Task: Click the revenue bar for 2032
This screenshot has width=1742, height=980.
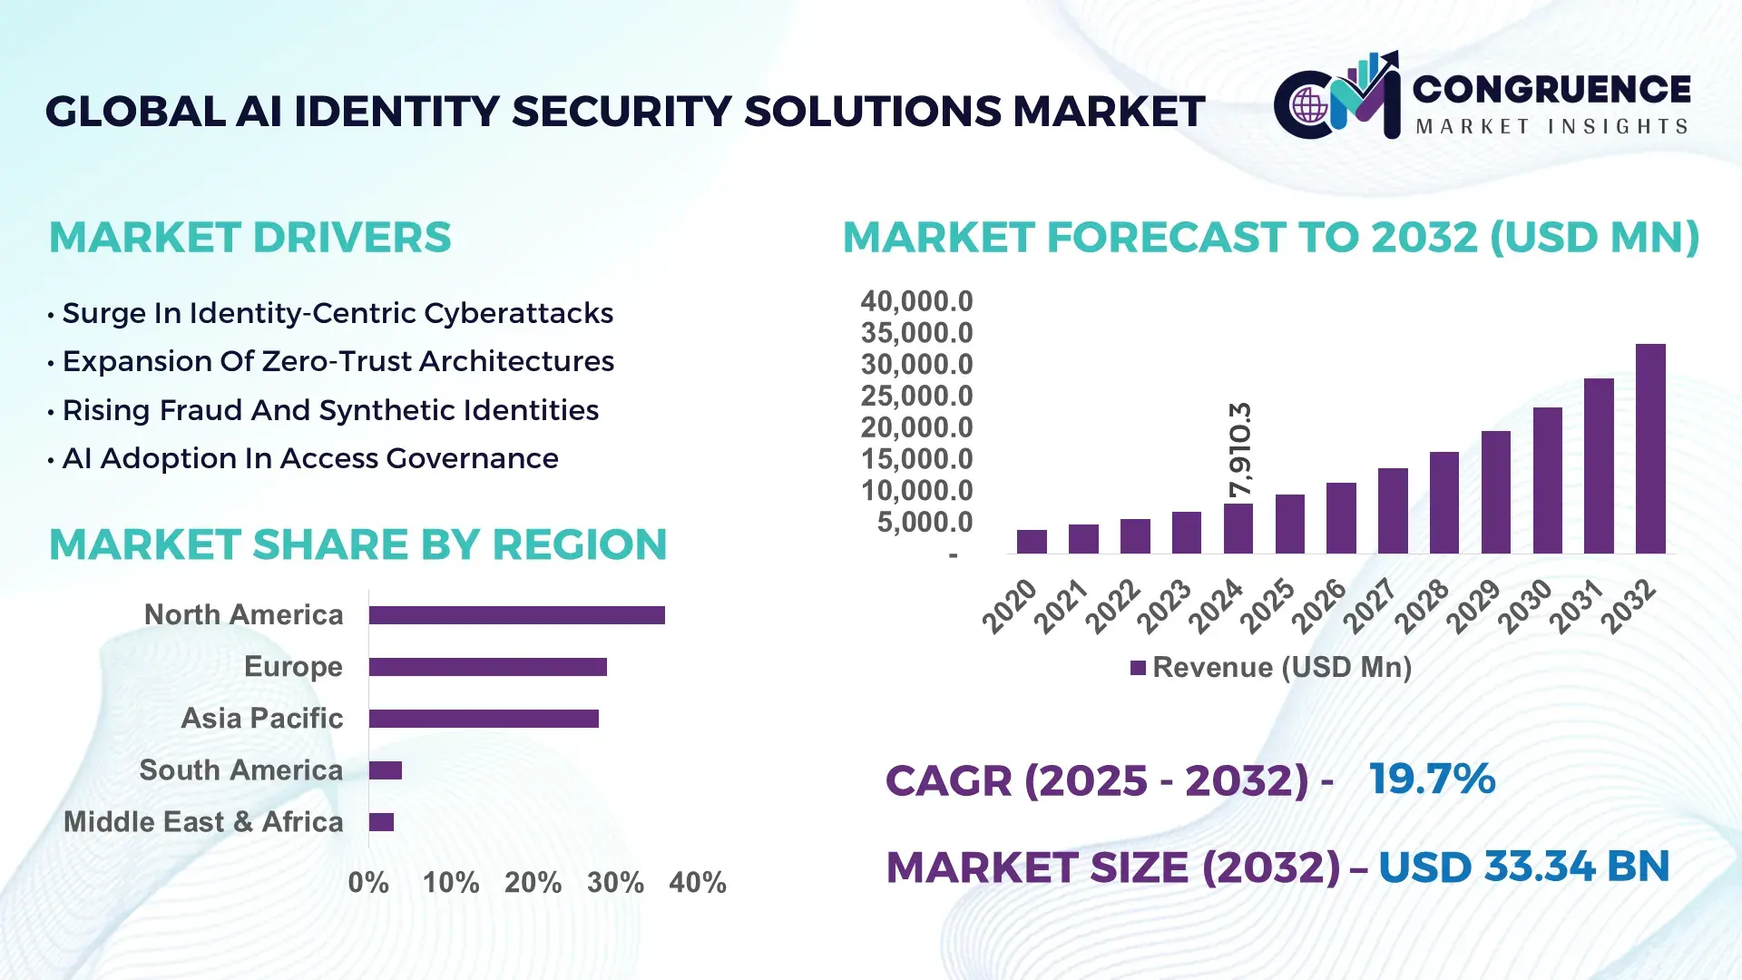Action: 1650,449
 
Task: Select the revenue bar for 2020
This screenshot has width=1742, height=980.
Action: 1032,542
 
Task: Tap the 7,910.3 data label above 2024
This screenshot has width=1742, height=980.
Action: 1239,450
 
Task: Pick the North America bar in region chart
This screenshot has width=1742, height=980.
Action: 516,615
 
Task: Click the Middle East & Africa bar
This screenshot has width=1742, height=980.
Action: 381,822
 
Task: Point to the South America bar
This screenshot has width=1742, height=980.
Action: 385,770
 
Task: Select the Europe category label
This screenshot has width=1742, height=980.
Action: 293,667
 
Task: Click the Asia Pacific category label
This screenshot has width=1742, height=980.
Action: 261,719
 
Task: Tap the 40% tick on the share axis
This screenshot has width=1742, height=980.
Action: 697,883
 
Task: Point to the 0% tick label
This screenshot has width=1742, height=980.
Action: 368,883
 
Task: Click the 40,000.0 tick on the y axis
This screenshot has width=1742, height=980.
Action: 916,301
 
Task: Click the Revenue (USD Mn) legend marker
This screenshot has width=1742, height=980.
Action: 1138,668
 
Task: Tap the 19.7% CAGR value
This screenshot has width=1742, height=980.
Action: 1432,779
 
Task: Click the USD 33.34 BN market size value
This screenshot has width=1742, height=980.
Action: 1523,867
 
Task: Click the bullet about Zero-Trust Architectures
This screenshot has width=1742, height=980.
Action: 338,361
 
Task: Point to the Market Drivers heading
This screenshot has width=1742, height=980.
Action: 250,238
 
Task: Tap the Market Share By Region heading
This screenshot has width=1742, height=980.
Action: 357,545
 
